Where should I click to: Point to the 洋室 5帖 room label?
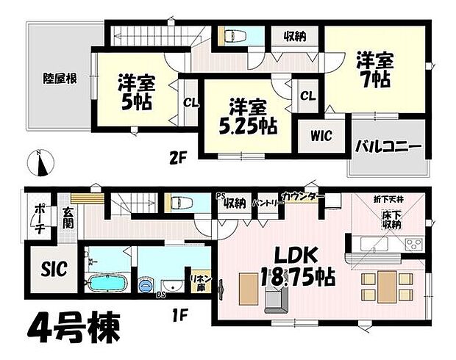pos(135,91)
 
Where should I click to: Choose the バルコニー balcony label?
pos(388,148)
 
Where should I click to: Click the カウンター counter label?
pos(302,198)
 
